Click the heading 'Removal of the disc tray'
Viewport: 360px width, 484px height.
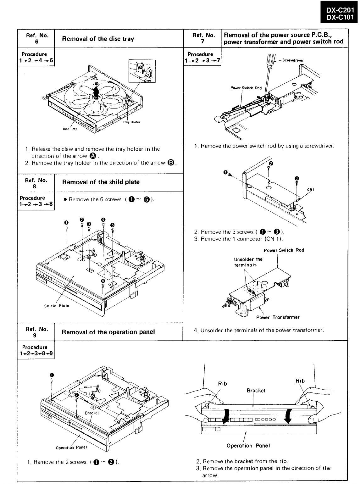98,39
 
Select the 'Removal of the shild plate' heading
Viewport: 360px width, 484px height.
101,182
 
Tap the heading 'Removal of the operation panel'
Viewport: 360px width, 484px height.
108,332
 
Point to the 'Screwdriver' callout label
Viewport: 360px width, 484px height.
293,60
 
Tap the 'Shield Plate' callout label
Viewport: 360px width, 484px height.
56,306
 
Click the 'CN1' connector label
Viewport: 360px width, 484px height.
311,189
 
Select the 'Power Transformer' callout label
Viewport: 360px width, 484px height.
278,317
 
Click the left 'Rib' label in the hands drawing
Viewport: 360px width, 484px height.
223,383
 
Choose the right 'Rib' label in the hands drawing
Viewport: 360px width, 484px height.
300,381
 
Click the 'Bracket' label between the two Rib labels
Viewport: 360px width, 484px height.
256,390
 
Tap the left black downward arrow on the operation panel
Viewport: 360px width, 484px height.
224,416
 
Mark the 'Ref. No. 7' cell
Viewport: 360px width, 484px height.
203,38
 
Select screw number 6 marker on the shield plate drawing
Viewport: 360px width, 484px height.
103,281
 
